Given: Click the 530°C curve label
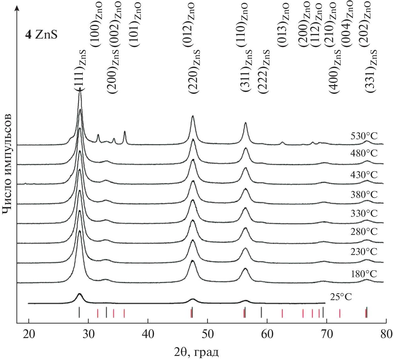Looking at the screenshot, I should click(364, 136).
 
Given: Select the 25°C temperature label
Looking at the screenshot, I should click(341, 297).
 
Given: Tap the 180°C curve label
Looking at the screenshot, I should click(364, 274).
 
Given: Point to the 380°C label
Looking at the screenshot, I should click(364, 194).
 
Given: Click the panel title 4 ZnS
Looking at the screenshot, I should click(41, 34).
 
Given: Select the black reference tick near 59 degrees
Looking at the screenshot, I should click(261, 312).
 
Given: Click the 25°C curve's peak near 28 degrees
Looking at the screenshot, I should click(79, 294).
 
